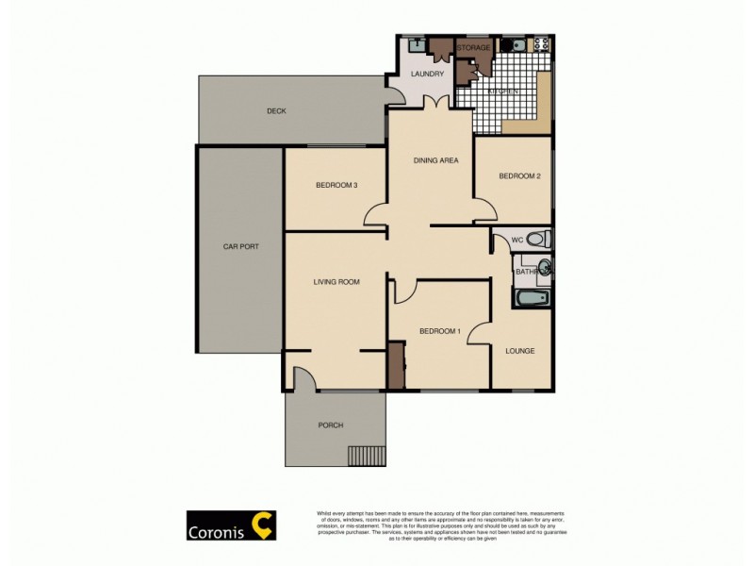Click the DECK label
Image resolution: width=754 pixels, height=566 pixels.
276,111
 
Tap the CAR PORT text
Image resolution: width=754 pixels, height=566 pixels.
240,246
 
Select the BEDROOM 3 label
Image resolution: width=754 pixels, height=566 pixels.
336,185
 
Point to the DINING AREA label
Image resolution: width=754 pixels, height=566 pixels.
435,160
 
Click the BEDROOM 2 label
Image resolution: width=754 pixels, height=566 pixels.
519,176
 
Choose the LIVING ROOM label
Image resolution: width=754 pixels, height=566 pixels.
336,281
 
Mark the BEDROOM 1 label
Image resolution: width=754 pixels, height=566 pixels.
439,330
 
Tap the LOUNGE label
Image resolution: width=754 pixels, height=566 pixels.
519,351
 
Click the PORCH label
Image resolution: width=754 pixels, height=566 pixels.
331,425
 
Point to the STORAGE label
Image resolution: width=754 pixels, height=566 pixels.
473,47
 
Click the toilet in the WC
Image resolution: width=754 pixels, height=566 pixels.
538,239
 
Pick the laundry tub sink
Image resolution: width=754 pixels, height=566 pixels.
416,44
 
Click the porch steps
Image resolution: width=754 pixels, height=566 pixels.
367,457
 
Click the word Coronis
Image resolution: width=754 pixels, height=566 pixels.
215,527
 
